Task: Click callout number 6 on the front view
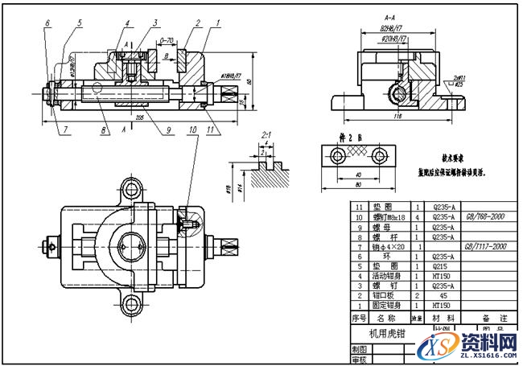point(47,23)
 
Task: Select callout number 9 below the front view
point(169,128)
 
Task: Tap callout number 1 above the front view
point(218,23)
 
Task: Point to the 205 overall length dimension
point(140,116)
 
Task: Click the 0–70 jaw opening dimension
point(167,39)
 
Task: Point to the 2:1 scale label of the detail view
point(266,136)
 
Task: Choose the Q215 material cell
point(443,265)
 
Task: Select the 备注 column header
point(489,318)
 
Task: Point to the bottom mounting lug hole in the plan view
point(130,305)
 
